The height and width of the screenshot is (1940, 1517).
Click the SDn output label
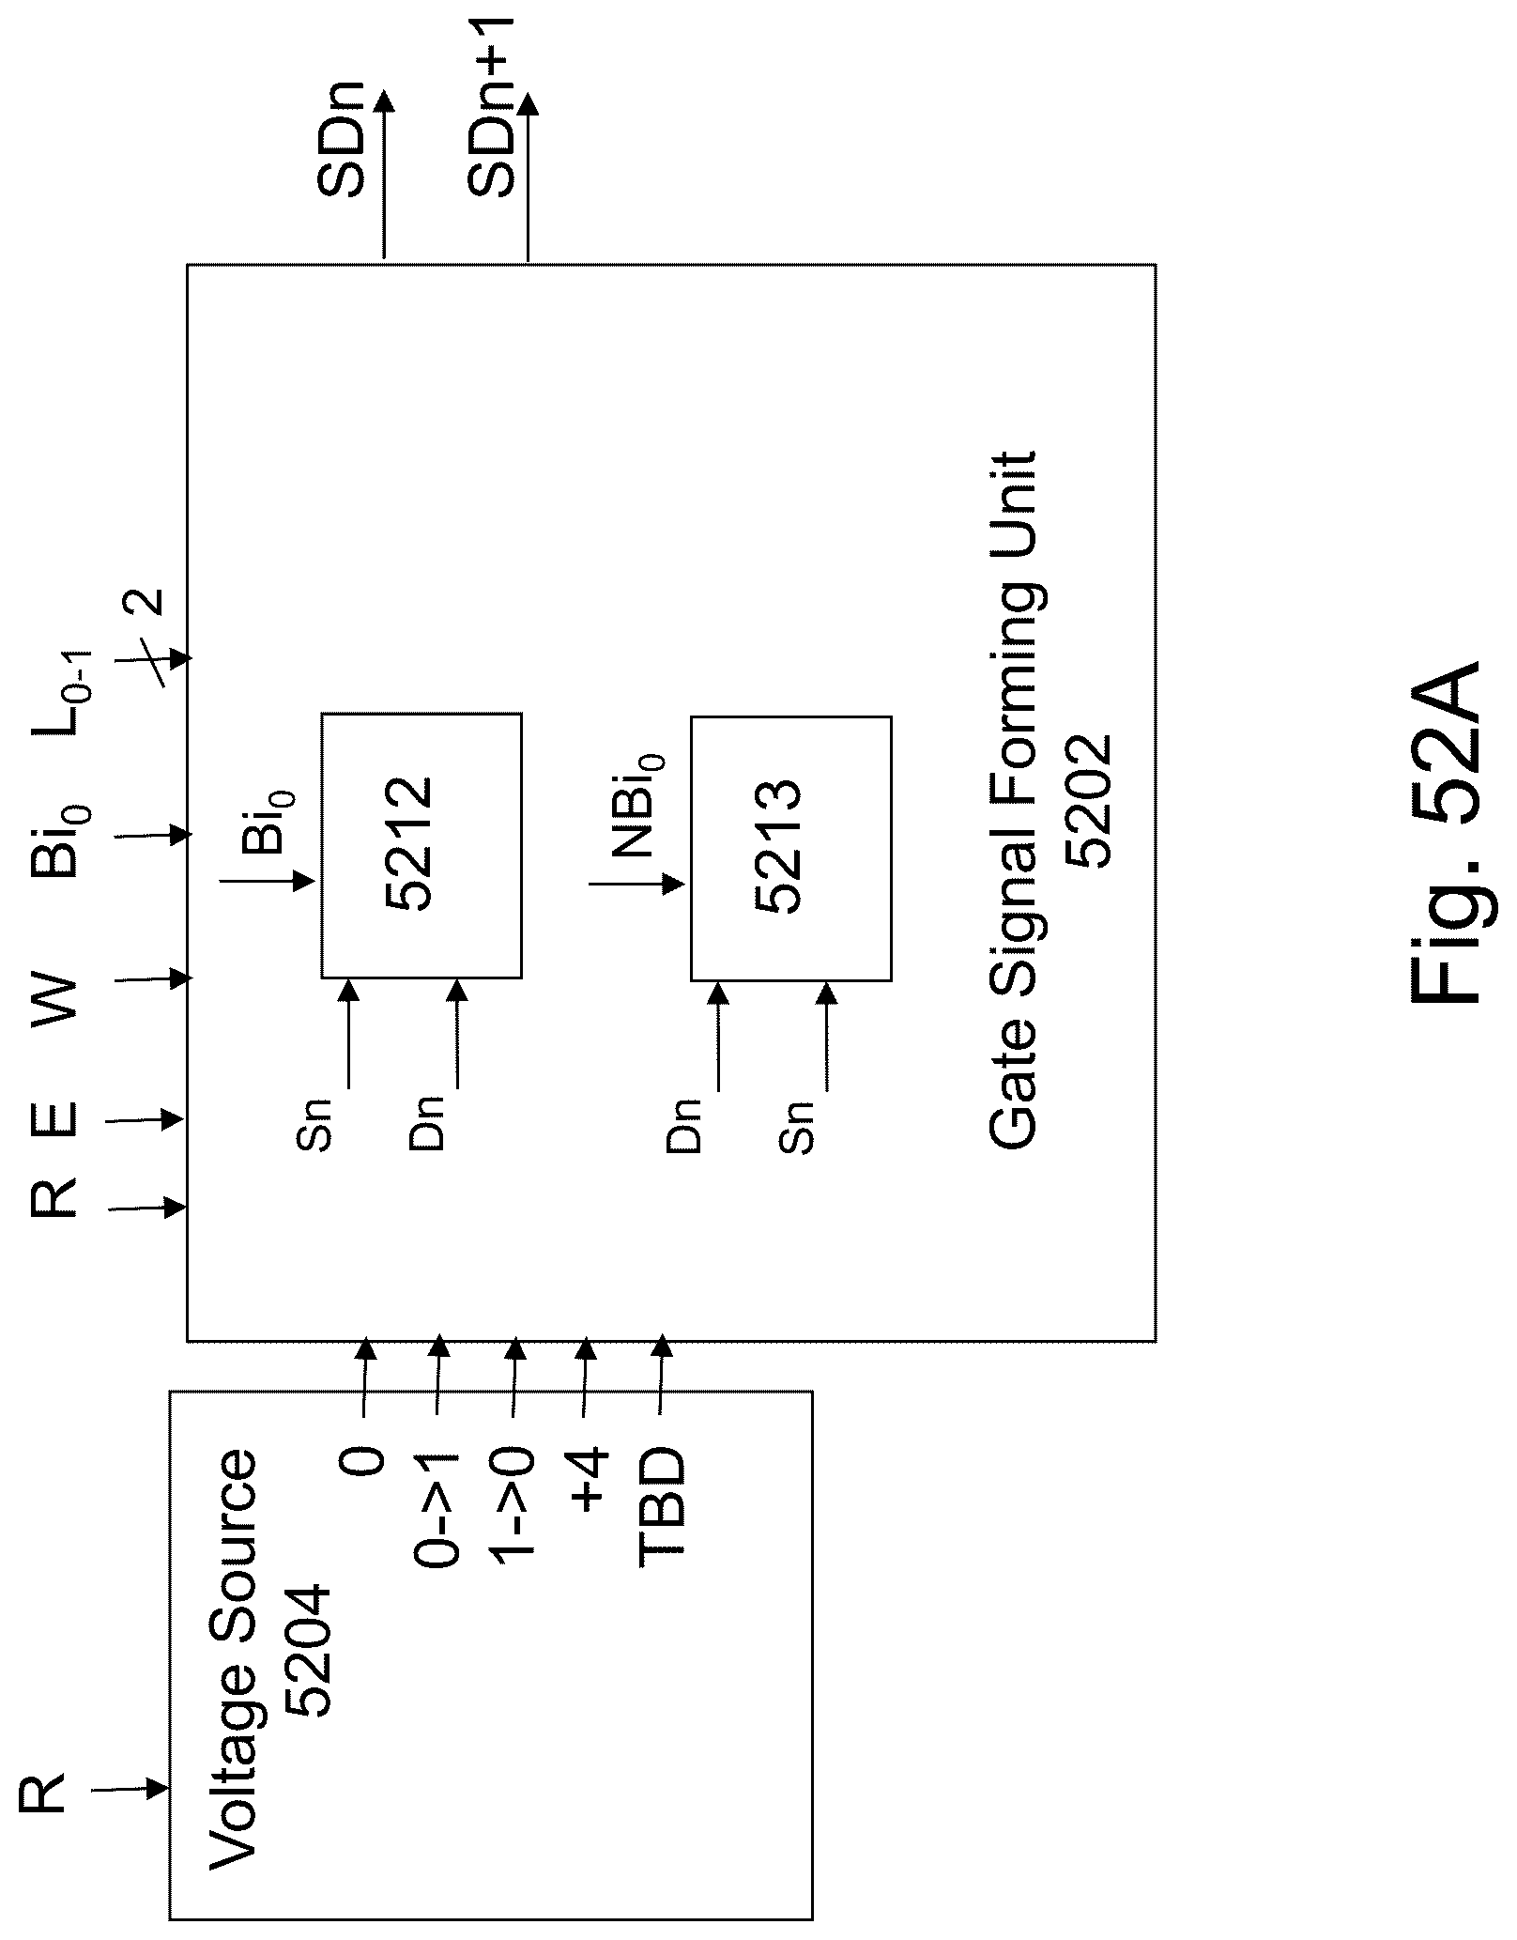[x=339, y=146]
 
